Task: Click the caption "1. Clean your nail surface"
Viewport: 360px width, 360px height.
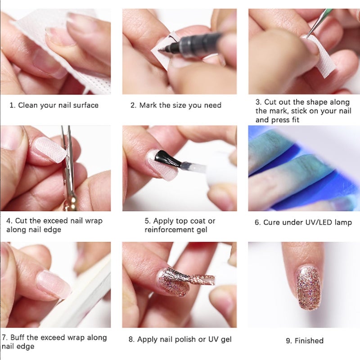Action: (54, 105)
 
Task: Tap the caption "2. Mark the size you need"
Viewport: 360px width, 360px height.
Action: (176, 105)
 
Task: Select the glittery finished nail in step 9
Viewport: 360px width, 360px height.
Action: (309, 286)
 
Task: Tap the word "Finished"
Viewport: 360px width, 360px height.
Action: (309, 341)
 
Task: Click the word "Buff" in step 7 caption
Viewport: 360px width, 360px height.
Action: (18, 337)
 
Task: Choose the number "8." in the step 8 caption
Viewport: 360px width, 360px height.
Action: (131, 339)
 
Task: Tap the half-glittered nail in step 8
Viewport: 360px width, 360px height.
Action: (174, 281)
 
